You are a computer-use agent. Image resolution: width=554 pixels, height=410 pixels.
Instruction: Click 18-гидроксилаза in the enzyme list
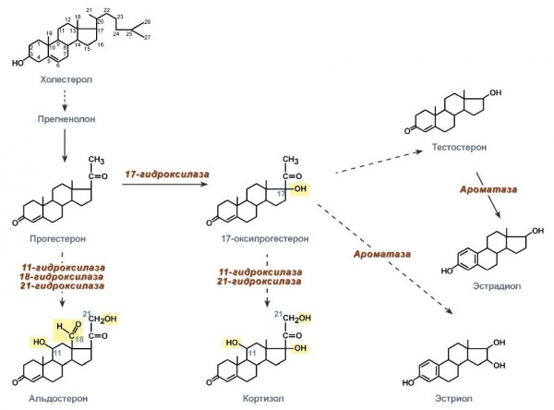63,277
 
